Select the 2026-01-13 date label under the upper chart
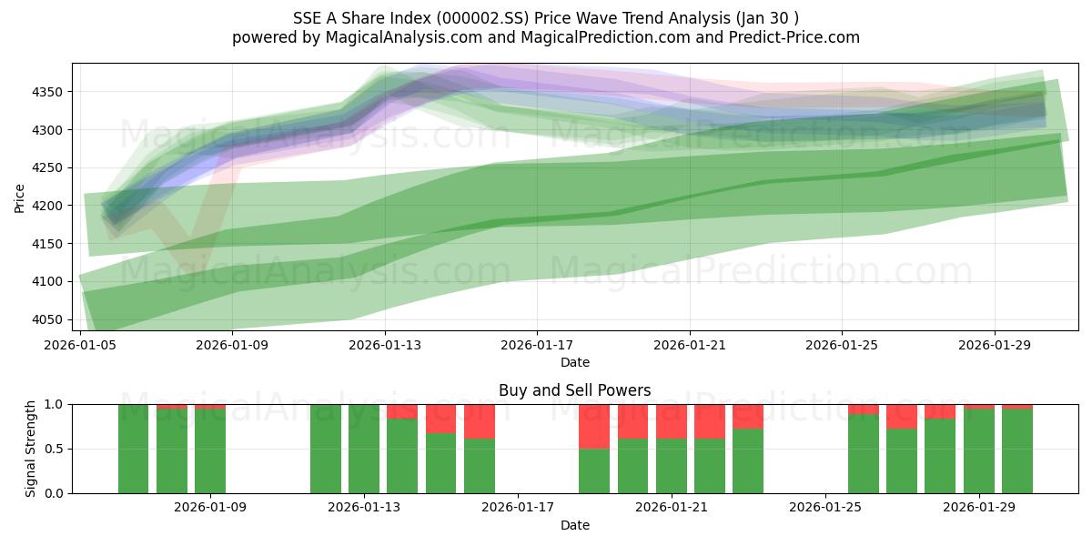[x=384, y=346]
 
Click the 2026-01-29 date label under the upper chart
[x=994, y=346]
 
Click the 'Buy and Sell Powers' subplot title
[x=574, y=390]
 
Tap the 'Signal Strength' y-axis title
[x=31, y=449]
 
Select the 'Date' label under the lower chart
[x=574, y=525]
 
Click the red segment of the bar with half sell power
[x=594, y=426]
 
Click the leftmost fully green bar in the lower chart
[x=133, y=449]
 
